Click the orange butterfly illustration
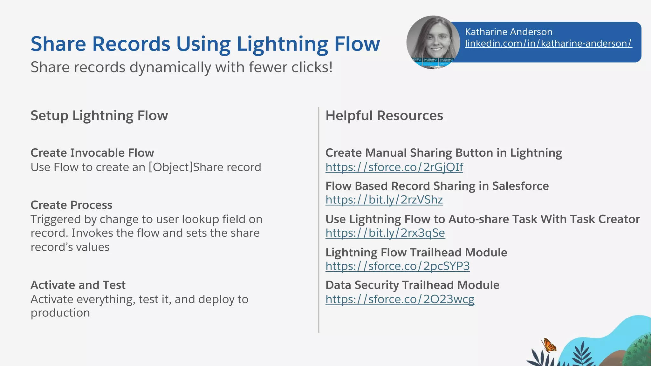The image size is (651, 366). click(x=549, y=346)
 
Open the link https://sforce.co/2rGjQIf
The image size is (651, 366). click(x=394, y=167)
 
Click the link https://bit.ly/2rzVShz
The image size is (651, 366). click(x=384, y=200)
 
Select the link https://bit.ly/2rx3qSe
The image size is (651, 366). click(x=385, y=233)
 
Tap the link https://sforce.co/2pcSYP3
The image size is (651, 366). click(x=397, y=266)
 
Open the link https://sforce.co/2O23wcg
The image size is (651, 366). click(x=400, y=299)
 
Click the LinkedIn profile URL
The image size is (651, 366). click(x=548, y=43)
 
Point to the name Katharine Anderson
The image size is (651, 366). click(x=509, y=32)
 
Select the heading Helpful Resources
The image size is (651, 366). click(x=384, y=116)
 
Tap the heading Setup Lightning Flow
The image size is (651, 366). click(x=99, y=116)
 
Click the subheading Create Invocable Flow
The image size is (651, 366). click(x=92, y=153)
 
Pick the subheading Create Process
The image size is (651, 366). click(x=72, y=205)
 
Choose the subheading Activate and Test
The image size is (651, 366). click(x=78, y=285)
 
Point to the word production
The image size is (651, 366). click(x=60, y=313)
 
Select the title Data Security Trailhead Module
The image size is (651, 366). click(x=412, y=285)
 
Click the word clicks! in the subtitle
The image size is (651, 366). click(x=312, y=67)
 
